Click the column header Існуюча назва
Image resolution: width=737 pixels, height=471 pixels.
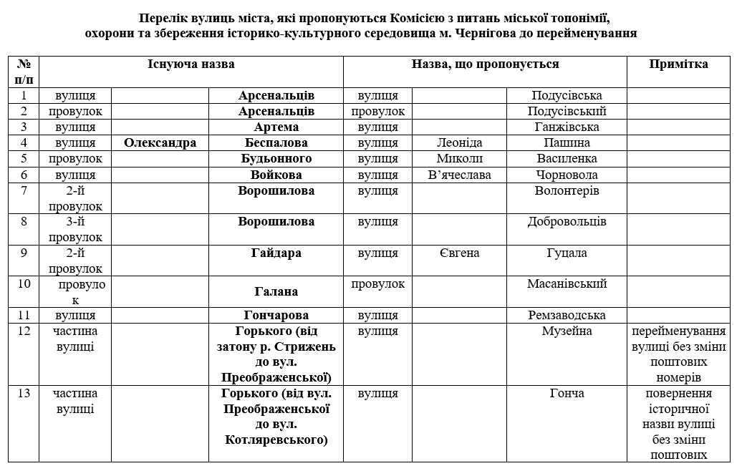(191, 64)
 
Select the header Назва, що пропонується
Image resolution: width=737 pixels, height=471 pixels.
(485, 64)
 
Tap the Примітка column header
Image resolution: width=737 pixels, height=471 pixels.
(678, 64)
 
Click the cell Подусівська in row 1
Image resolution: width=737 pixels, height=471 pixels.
(567, 95)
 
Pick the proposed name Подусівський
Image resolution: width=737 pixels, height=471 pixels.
(567, 111)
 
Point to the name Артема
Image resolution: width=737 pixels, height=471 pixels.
(276, 127)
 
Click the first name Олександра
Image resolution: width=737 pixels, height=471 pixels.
(160, 142)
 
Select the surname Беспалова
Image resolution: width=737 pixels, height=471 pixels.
(276, 142)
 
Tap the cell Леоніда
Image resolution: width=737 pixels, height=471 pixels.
(459, 142)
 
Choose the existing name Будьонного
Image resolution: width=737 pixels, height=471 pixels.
(276, 158)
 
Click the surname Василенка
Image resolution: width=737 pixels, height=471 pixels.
(567, 158)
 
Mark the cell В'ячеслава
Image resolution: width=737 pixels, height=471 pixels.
(459, 175)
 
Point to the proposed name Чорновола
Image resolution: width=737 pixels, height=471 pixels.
(567, 175)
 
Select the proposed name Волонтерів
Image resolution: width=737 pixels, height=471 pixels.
(567, 190)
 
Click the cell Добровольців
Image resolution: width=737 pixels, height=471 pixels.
(567, 221)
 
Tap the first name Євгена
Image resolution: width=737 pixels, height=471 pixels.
(459, 253)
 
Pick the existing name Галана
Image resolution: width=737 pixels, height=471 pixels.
(276, 291)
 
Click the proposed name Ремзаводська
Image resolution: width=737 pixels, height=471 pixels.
(567, 315)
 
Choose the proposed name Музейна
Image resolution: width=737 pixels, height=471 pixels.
(567, 331)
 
